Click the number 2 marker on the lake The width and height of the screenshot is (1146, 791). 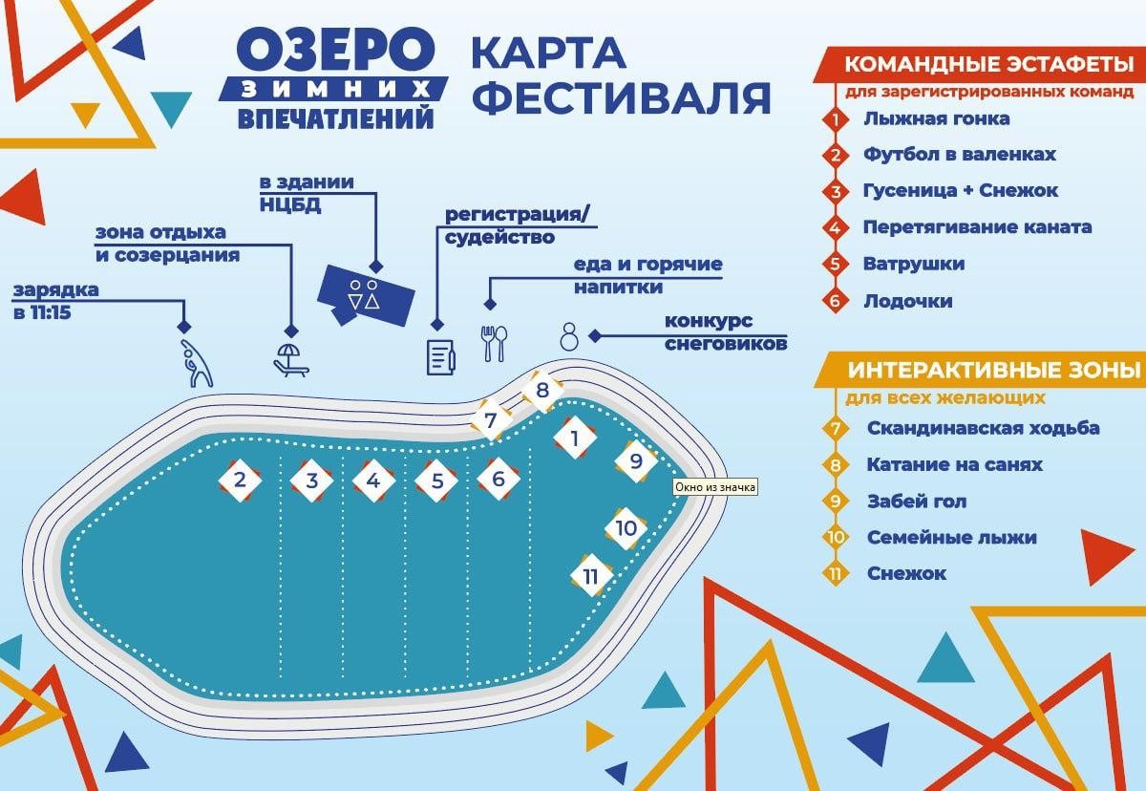click(x=241, y=480)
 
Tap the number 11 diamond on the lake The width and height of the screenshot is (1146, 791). click(x=591, y=576)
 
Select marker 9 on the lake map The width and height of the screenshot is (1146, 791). click(x=635, y=460)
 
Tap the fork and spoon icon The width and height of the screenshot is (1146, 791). click(x=494, y=343)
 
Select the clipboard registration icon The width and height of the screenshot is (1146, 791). click(x=439, y=354)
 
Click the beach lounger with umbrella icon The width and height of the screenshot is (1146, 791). click(x=289, y=358)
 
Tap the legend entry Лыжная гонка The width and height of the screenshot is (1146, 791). click(x=936, y=119)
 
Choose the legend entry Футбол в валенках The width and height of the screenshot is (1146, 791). click(x=959, y=154)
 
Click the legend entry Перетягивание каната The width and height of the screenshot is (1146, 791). click(x=976, y=227)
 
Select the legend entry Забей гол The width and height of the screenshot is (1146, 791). click(x=916, y=501)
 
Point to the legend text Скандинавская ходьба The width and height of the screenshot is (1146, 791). click(x=983, y=428)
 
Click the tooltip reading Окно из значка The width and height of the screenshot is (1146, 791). click(x=715, y=487)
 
